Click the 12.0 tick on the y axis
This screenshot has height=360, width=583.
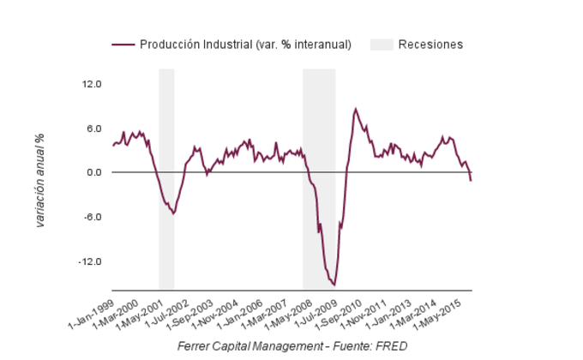click(x=92, y=84)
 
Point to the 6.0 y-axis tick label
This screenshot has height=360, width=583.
click(x=94, y=129)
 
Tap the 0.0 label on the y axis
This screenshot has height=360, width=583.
click(x=94, y=172)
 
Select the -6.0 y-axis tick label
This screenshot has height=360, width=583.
click(x=93, y=217)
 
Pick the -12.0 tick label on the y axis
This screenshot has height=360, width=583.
click(x=90, y=261)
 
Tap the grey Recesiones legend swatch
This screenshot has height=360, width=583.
click(x=382, y=45)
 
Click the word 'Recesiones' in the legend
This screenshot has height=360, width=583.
click(x=430, y=45)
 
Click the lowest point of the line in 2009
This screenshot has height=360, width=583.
click(x=334, y=285)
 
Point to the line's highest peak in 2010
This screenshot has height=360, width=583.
click(x=356, y=109)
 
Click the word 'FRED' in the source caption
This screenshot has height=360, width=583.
click(x=389, y=346)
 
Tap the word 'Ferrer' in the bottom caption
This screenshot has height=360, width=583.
click(x=196, y=346)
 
